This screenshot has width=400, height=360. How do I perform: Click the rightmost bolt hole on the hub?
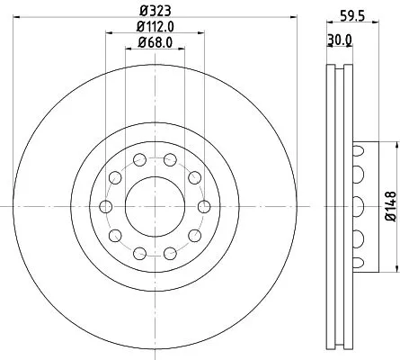pos(204,206)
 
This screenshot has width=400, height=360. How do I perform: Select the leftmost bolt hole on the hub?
pos(106,206)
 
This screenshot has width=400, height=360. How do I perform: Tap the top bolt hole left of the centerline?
pos(140,160)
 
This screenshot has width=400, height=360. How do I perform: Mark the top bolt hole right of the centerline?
pos(170,160)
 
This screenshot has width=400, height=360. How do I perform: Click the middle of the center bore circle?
pos(156,206)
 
